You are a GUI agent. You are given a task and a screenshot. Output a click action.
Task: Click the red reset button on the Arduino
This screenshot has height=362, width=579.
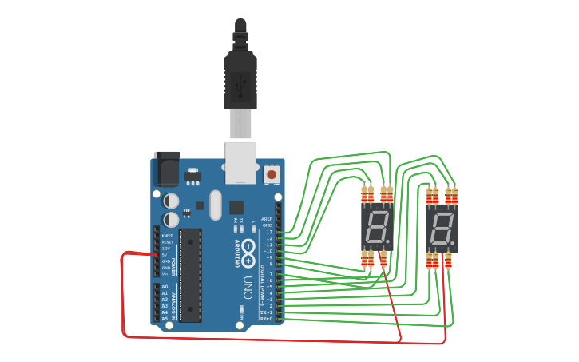[x=272, y=173]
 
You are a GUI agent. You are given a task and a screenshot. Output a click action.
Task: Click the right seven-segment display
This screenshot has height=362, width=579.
[x=442, y=229]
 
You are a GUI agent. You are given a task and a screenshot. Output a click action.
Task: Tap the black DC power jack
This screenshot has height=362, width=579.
[x=167, y=169]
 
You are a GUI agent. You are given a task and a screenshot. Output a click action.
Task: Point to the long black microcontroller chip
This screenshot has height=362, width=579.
[x=190, y=275]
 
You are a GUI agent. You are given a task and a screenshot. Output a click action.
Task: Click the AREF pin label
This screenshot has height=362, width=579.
[x=267, y=219]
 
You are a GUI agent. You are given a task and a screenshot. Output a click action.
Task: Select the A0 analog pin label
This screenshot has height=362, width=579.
[x=165, y=287]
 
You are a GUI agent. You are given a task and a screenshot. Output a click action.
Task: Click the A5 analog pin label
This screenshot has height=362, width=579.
[x=165, y=318]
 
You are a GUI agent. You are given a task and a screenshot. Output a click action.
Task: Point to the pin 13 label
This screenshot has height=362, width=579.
[x=269, y=232]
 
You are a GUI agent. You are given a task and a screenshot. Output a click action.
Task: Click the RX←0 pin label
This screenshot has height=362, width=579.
[x=268, y=319]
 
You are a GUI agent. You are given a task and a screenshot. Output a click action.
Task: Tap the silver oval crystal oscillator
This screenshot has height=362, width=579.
[x=216, y=205]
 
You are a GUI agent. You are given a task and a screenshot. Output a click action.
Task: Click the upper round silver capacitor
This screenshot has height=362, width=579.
[x=172, y=201]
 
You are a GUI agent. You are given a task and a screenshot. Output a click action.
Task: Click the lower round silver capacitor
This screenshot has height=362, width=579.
[x=172, y=219]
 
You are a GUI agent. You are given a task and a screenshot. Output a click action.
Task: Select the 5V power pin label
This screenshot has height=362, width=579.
[x=165, y=255]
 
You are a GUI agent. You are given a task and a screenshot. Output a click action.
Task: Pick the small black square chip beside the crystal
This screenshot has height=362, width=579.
[x=236, y=206]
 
